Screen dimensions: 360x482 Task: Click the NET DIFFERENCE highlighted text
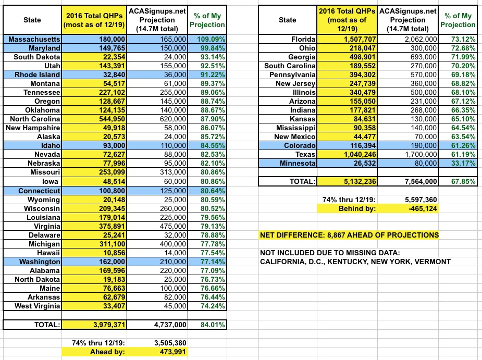(349, 235)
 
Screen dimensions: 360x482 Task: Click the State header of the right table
(287, 20)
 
